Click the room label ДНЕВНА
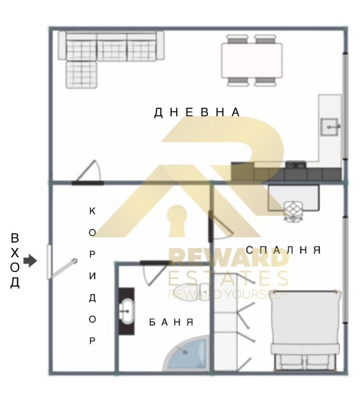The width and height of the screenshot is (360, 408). click(x=197, y=112)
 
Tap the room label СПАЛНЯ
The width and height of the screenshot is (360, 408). click(x=283, y=250)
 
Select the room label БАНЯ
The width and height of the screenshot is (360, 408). click(x=171, y=322)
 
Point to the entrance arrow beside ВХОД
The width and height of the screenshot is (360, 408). click(x=30, y=261)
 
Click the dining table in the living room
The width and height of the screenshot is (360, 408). click(x=252, y=60)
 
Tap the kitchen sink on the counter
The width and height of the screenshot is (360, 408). click(x=329, y=127)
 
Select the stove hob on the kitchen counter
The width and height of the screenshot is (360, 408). click(x=296, y=165)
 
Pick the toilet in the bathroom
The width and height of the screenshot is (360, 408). click(x=191, y=291)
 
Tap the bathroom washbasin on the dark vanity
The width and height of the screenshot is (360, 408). click(x=127, y=311)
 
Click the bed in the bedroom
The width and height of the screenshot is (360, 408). click(x=305, y=330)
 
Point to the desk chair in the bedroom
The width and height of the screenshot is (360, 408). click(x=294, y=212)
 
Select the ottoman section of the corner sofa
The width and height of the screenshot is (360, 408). click(x=81, y=75)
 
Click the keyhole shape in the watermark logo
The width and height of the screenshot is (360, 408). click(x=178, y=221)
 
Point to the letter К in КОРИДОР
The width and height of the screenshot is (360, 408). click(x=92, y=211)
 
